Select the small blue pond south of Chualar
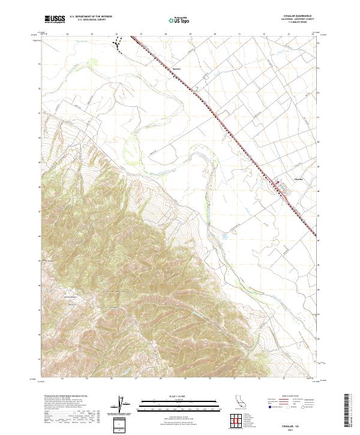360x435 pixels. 226,236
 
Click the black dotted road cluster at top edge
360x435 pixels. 120,43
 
